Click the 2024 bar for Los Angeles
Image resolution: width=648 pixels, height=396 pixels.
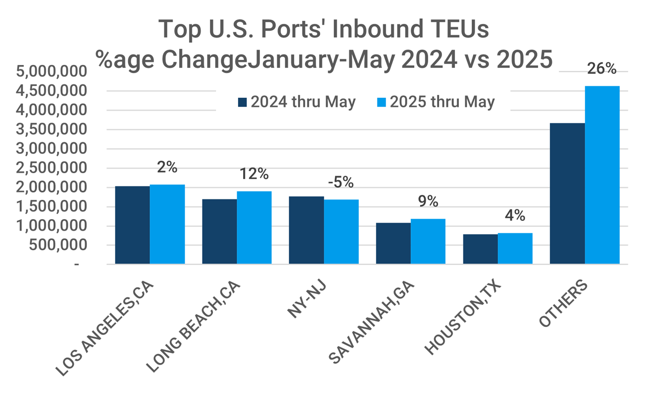[133, 225]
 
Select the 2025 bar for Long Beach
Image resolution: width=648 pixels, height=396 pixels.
[254, 227]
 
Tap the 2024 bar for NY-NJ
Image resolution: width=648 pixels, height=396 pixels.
[306, 230]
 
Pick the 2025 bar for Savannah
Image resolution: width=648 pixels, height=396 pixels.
[428, 241]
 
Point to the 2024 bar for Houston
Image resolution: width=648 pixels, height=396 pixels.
[480, 249]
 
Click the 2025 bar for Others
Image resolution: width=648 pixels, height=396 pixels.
[602, 175]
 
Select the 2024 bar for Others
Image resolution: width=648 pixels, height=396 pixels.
[567, 193]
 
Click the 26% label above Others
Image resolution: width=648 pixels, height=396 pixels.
[602, 69]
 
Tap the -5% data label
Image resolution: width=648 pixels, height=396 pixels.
[341, 182]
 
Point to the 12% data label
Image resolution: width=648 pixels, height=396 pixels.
[254, 174]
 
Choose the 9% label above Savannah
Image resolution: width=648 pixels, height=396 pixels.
[428, 201]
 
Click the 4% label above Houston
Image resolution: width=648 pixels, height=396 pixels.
[515, 215]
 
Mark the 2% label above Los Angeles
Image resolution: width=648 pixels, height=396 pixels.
[167, 167]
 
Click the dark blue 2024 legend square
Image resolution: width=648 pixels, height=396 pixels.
[242, 102]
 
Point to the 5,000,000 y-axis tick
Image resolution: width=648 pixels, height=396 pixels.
[51, 72]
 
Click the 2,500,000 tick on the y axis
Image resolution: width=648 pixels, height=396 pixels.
[51, 168]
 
